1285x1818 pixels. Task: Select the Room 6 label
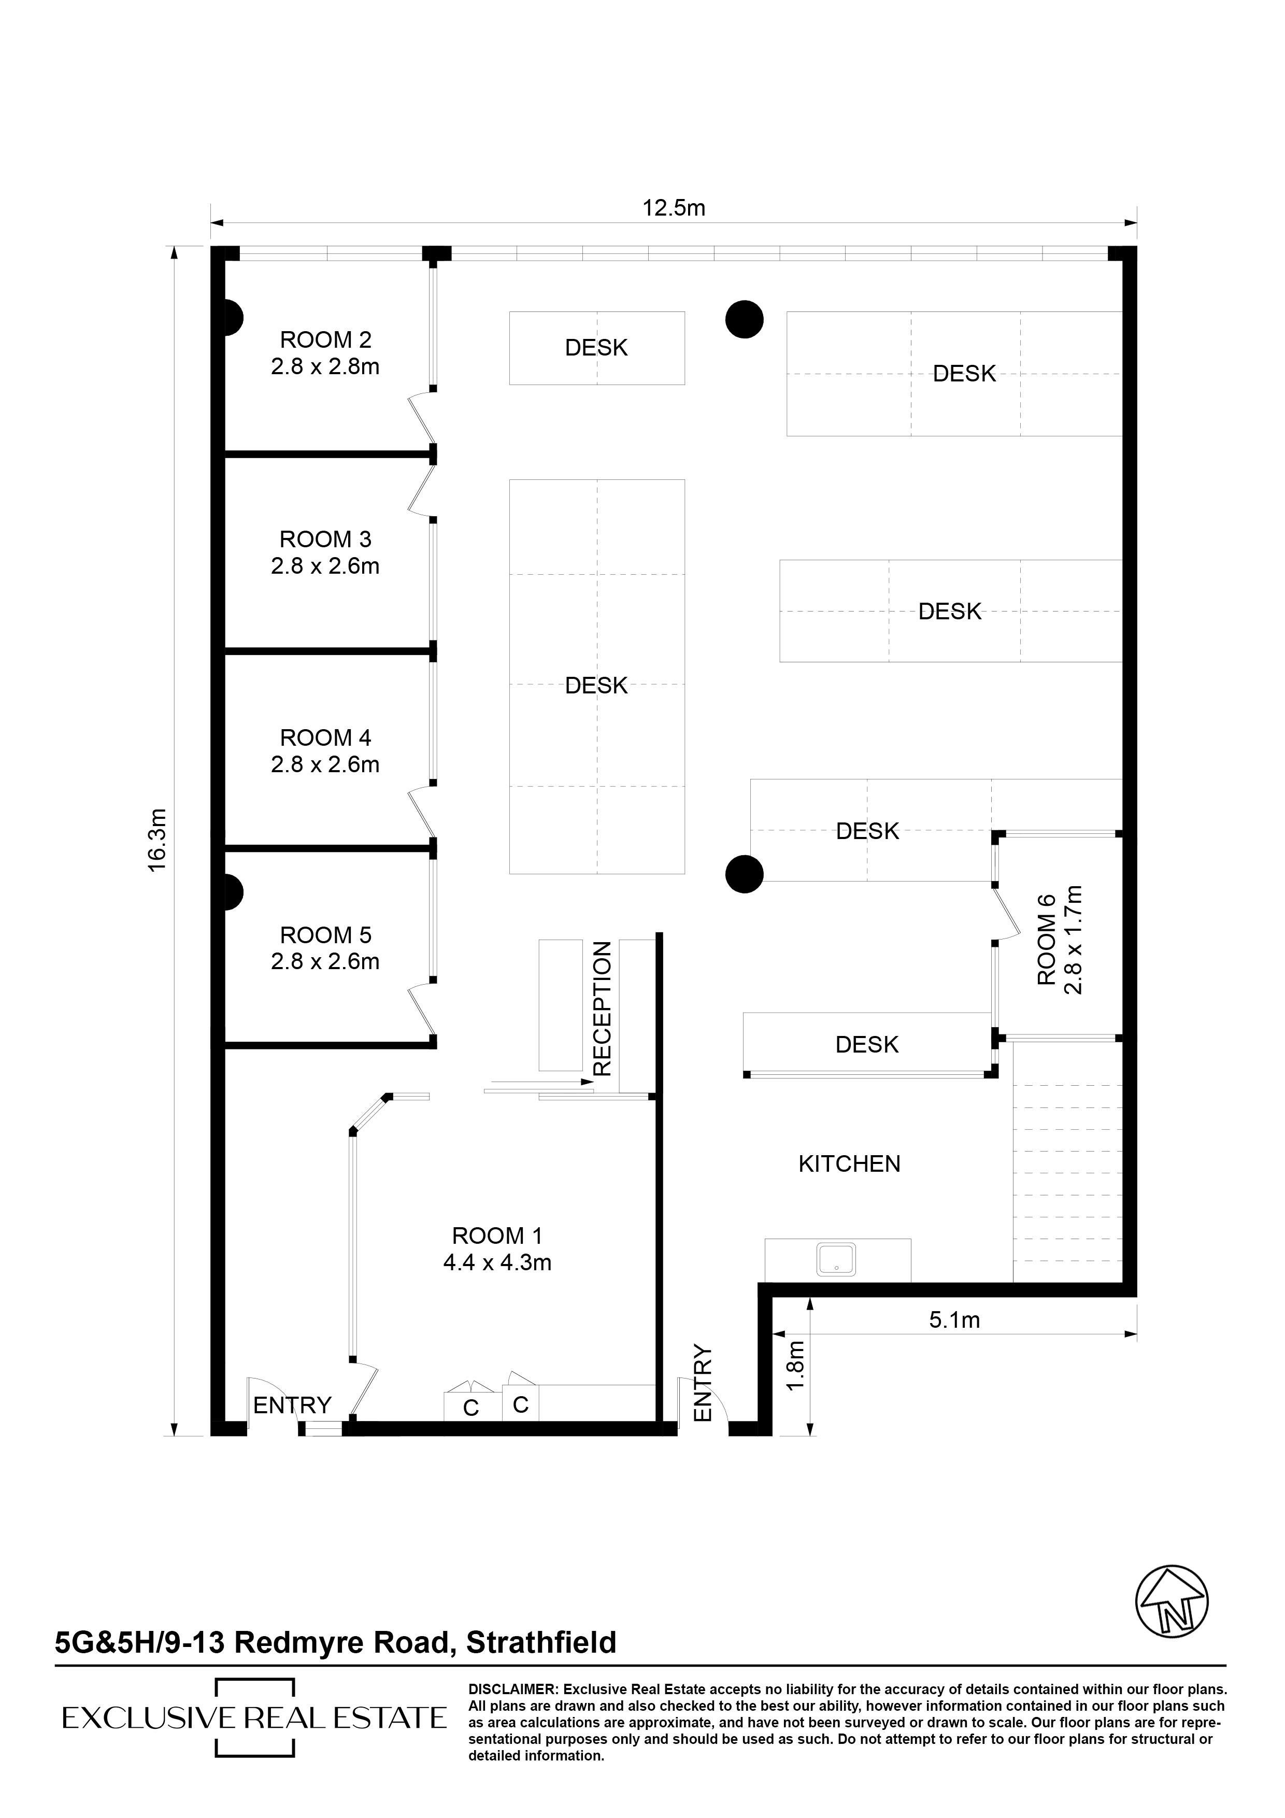coord(1047,939)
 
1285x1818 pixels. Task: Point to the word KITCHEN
coord(850,1164)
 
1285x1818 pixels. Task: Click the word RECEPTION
coord(603,1008)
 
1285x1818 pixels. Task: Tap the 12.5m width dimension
coord(674,208)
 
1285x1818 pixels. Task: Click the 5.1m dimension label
coord(954,1320)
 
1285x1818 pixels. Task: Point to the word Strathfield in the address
coord(541,1642)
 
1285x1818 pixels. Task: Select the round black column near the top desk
coord(744,320)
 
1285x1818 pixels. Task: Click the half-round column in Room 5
coord(233,891)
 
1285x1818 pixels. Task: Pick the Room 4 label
coord(325,738)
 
